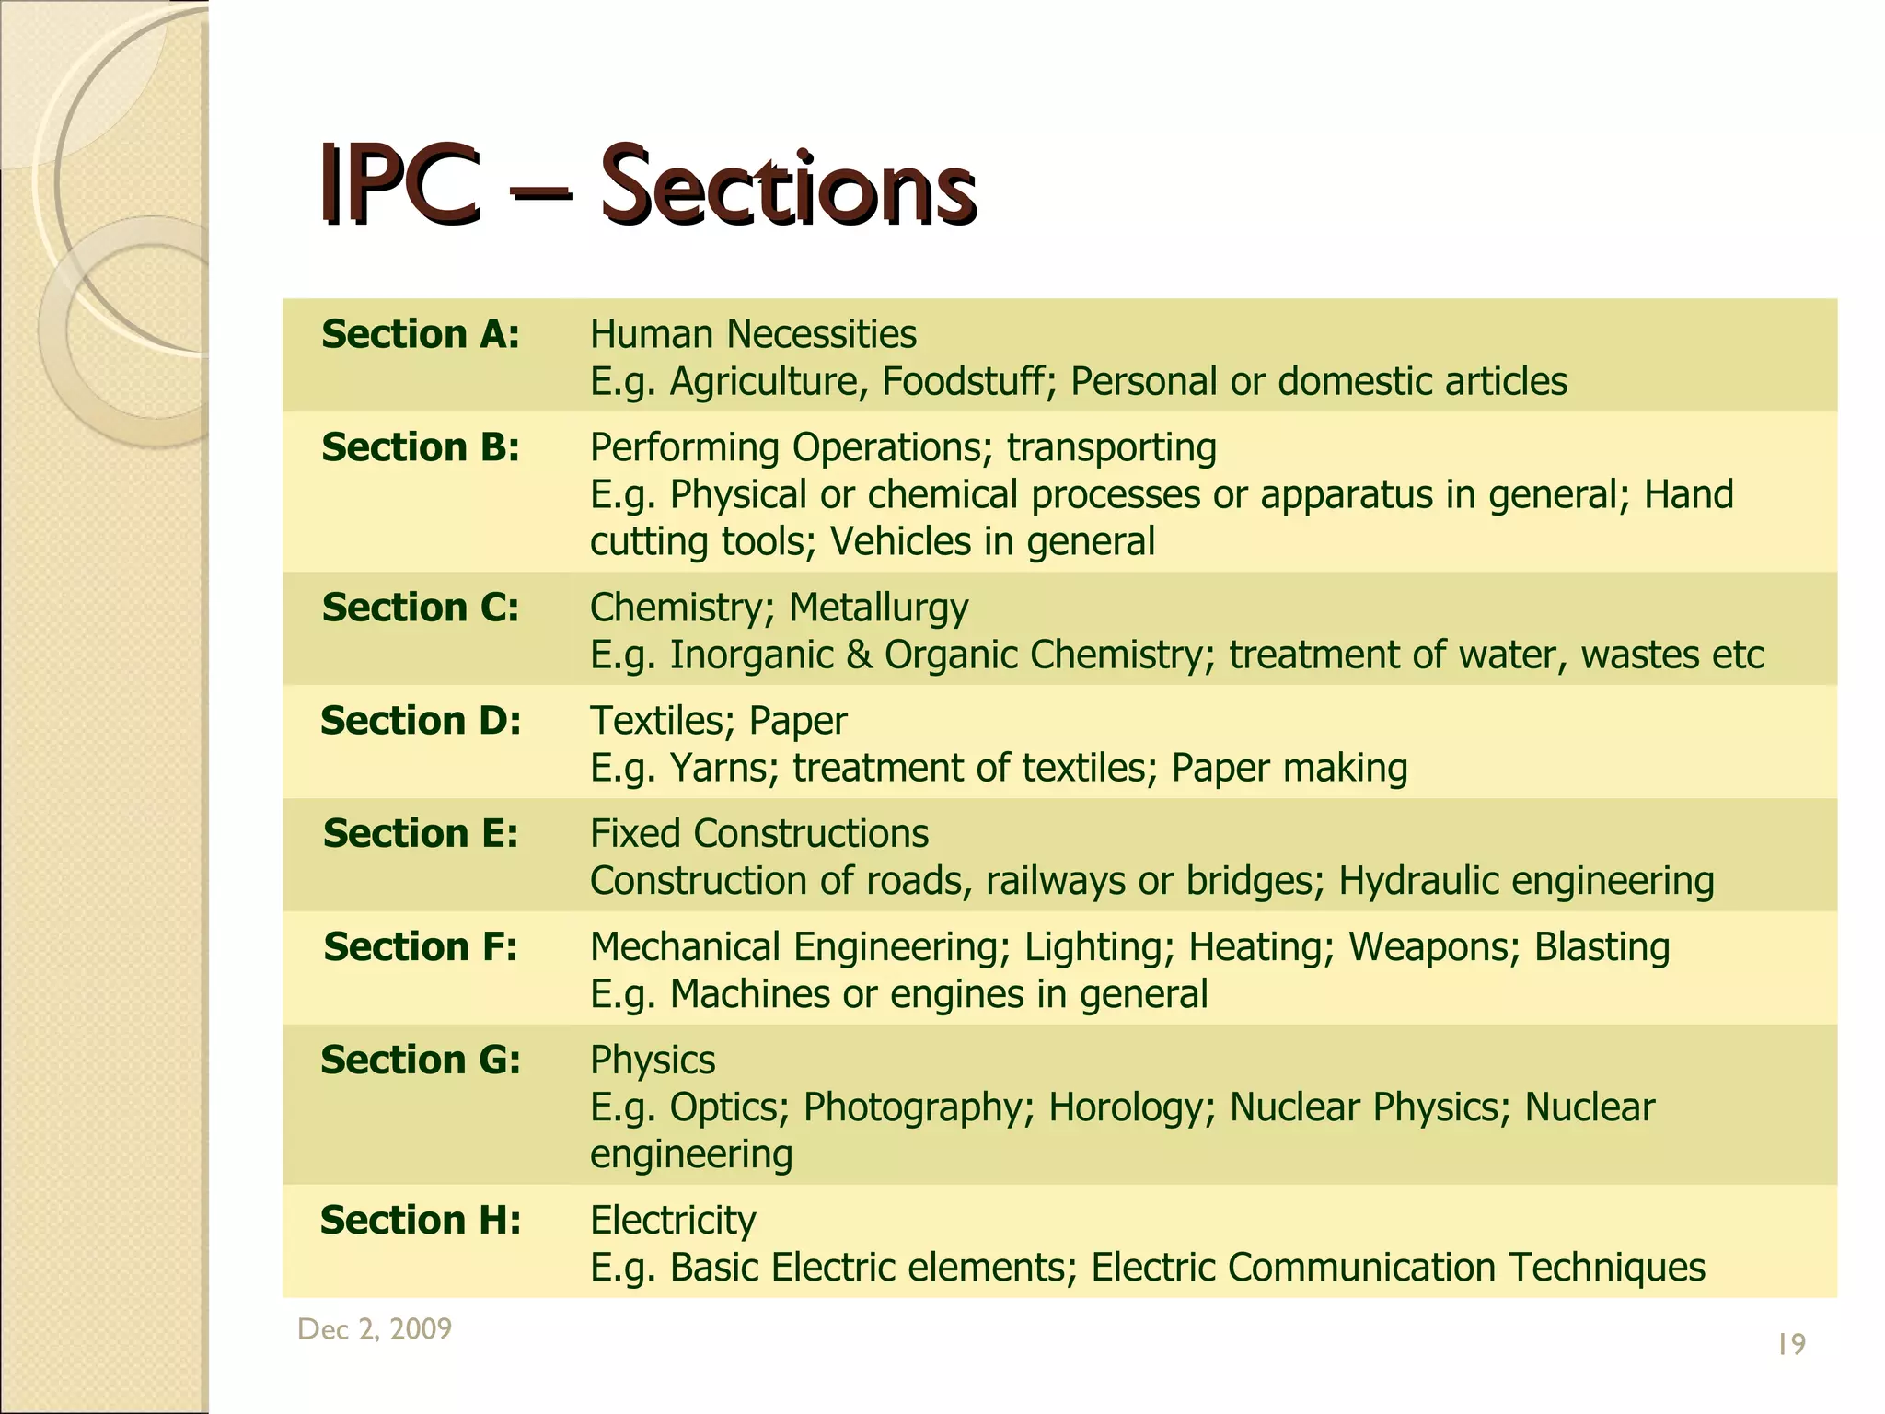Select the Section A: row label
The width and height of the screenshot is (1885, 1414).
(x=421, y=334)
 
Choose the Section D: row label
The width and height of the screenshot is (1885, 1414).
(x=421, y=721)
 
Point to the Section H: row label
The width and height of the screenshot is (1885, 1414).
(x=421, y=1221)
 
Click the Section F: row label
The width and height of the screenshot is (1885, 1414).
(x=421, y=947)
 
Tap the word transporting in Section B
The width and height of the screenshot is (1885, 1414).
(x=1111, y=448)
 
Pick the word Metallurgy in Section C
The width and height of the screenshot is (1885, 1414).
(x=878, y=608)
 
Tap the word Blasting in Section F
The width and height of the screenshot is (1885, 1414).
(x=1602, y=947)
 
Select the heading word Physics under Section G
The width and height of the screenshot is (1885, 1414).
(x=653, y=1060)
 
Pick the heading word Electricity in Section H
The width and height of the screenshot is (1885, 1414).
(x=673, y=1221)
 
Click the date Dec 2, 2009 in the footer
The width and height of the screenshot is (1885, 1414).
(x=375, y=1328)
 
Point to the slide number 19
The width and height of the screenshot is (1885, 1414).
(x=1791, y=1345)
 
